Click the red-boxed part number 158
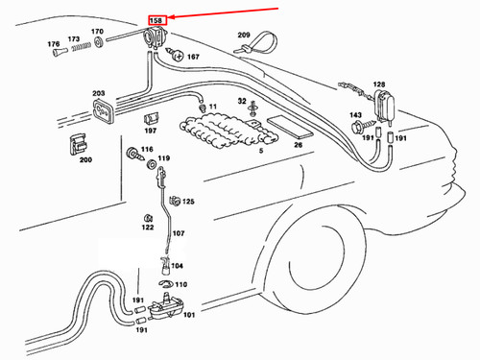point(156,20)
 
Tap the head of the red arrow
point(169,17)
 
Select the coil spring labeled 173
point(81,47)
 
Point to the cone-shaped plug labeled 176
point(60,52)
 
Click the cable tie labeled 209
point(256,43)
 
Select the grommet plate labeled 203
point(103,111)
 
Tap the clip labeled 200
point(78,144)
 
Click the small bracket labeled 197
point(151,119)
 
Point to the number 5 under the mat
point(261,151)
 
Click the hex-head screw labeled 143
point(363,126)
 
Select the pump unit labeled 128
point(384,105)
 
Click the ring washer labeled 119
point(152,165)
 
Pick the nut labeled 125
point(175,201)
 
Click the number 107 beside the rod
point(179,233)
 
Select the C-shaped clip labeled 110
point(166,283)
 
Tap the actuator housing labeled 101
point(165,308)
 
